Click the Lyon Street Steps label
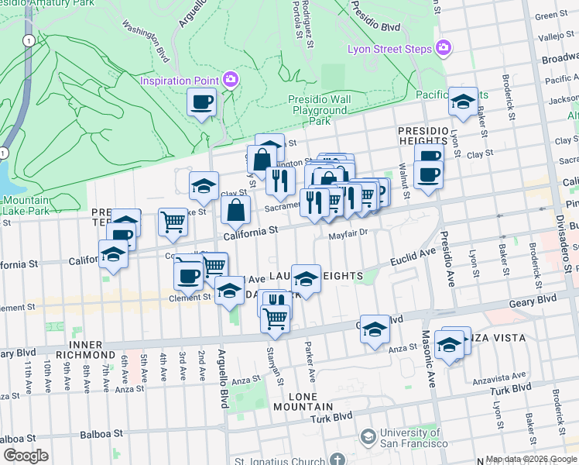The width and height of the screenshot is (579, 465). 392,48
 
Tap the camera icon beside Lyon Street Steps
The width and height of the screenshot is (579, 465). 443,48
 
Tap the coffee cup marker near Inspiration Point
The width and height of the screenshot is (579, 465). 202,102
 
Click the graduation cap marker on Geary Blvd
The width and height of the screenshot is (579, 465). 375,329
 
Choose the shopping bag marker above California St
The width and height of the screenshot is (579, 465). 235,208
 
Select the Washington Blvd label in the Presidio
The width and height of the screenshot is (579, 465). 146,46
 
